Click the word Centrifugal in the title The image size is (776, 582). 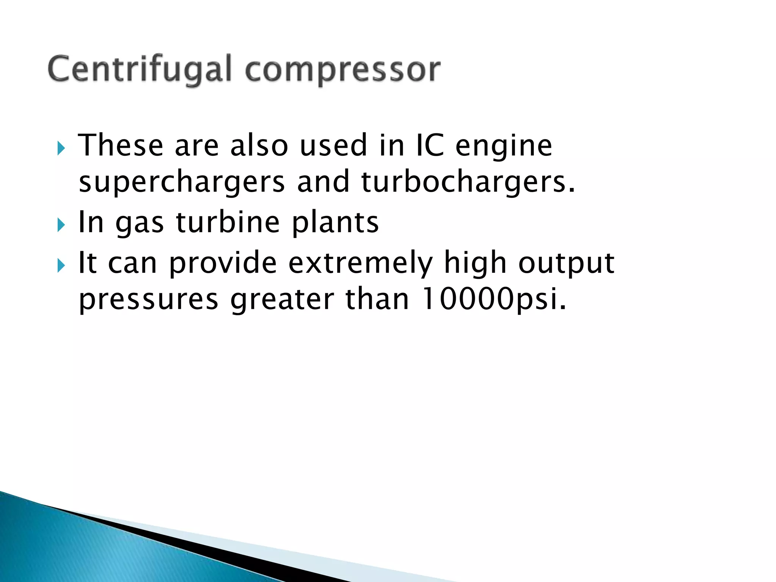pos(139,69)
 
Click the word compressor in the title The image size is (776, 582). pos(343,70)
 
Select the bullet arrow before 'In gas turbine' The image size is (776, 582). pos(61,225)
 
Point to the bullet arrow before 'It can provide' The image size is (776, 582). pos(61,266)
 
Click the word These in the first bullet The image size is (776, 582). pos(120,145)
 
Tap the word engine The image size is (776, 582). pos(504,147)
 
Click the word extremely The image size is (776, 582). pos(360,263)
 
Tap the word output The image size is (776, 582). pos(566,263)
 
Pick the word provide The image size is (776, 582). pos(223,263)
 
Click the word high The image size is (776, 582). pos(475,263)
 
